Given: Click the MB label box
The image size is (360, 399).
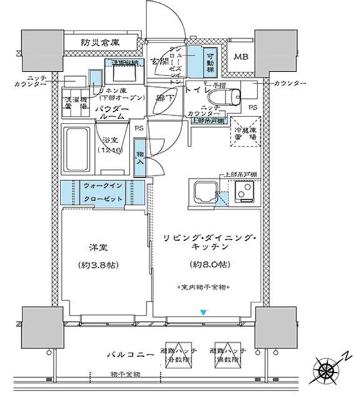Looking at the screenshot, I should (240, 57).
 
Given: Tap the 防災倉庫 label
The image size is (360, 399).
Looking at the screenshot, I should (100, 43).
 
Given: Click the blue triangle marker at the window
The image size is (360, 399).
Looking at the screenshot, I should (202, 312).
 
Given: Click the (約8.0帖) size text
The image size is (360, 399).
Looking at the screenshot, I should (207, 264).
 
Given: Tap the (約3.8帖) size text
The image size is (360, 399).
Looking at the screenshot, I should (100, 264).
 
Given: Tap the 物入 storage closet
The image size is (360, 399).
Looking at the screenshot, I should (139, 160).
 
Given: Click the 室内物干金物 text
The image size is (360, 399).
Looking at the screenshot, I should (202, 287).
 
